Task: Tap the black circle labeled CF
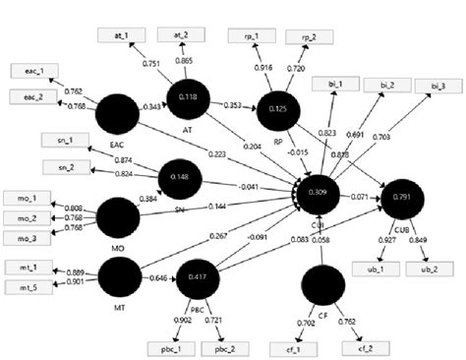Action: pos(322,284)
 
